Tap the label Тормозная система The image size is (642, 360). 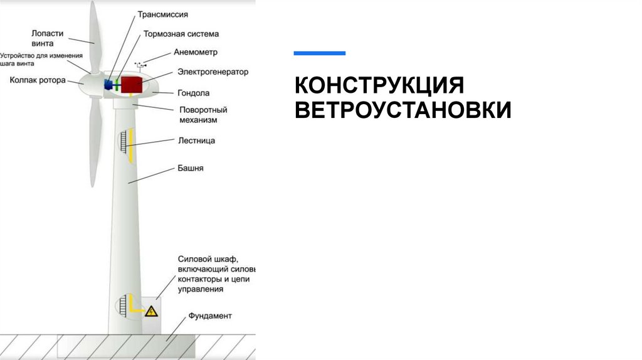click(x=181, y=34)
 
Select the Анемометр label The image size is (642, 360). click(x=197, y=52)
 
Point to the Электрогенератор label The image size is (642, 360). click(x=213, y=71)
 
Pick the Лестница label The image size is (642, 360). click(x=196, y=140)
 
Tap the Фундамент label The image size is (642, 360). click(x=210, y=315)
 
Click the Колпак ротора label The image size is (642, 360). click(x=38, y=80)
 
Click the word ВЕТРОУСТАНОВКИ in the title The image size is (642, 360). click(x=403, y=110)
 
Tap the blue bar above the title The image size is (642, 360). click(x=319, y=53)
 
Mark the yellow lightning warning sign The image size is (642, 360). click(x=150, y=311)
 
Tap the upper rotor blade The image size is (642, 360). click(x=92, y=34)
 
